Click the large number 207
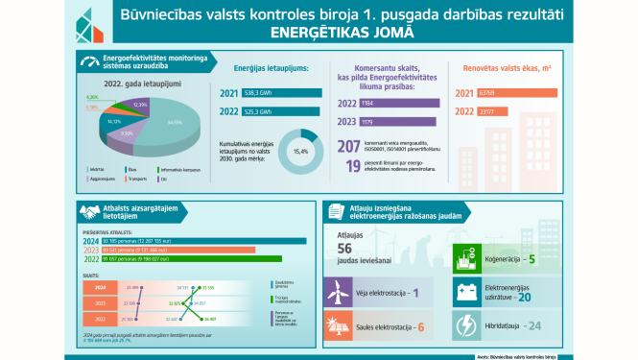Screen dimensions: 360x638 349,146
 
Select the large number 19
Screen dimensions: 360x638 353,165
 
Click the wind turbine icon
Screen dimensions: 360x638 339,292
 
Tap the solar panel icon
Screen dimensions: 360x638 339,325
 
